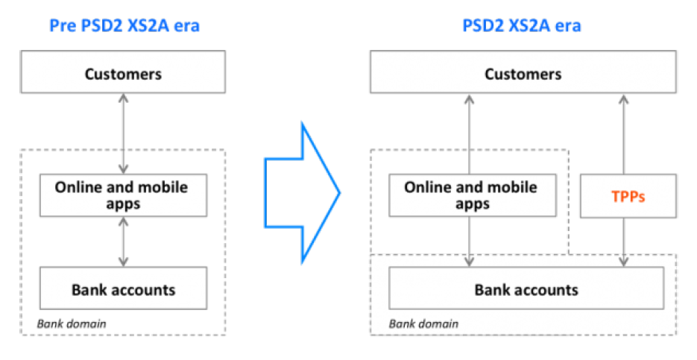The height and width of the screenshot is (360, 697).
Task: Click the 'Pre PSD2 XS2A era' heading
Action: point(124,26)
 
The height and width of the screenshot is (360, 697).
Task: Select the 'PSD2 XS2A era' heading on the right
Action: point(522,26)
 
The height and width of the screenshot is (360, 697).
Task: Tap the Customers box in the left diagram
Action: point(123,74)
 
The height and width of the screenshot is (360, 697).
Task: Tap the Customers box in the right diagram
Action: point(523,74)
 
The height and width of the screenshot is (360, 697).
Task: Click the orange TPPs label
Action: point(628,196)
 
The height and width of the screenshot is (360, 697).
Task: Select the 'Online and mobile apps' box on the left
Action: point(123,195)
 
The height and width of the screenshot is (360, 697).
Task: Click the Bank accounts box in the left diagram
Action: point(123,288)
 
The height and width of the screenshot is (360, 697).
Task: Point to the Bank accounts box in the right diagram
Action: point(526,288)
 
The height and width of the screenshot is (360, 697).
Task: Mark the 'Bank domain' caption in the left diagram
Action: point(72,323)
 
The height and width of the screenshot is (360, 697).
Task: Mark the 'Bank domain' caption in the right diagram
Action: point(423,323)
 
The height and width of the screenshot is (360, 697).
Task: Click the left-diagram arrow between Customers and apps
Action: point(124,134)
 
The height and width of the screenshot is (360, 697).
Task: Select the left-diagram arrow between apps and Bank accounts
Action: point(124,241)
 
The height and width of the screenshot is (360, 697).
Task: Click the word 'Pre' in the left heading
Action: point(63,26)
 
